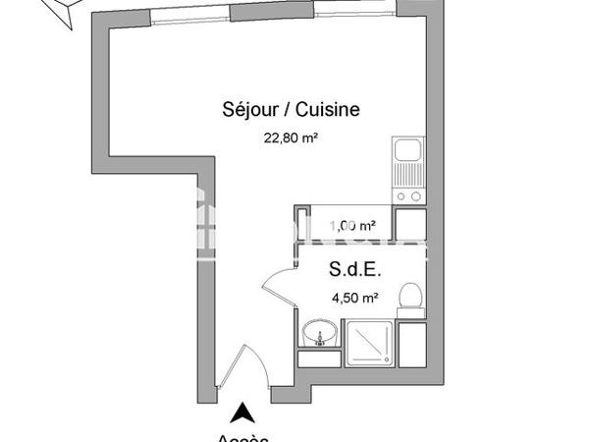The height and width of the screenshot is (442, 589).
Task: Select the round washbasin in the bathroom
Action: (x=317, y=334)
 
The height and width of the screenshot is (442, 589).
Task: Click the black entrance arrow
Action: (x=240, y=414)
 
